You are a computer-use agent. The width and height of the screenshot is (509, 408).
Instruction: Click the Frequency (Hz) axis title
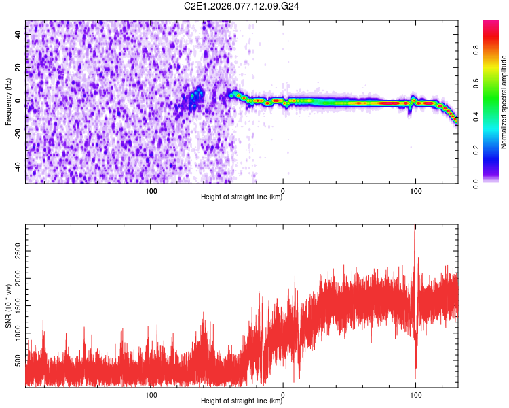[x=8, y=102]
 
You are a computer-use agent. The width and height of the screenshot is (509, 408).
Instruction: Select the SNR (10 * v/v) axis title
[x=8, y=307]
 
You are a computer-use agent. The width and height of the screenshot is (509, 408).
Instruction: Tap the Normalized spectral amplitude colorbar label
[x=504, y=102]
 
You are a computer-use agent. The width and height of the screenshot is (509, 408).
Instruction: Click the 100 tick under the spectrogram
[x=415, y=190]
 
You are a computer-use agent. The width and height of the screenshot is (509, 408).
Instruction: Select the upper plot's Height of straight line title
[x=242, y=197]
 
